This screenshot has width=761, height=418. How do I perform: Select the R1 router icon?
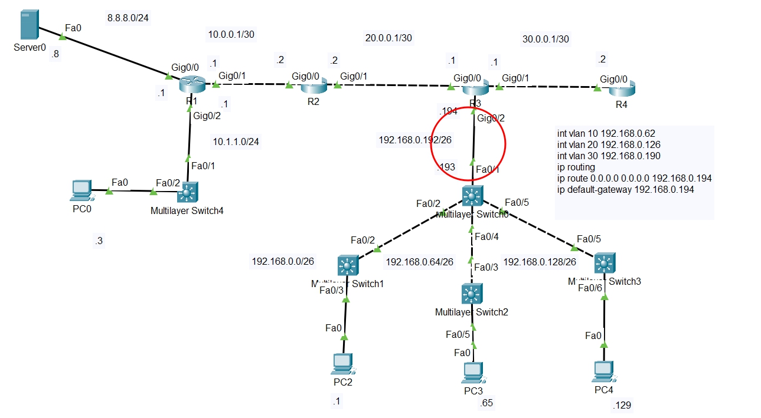coord(192,85)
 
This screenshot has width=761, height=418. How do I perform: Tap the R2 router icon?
coord(313,87)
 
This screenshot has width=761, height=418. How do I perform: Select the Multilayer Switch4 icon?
coord(188,192)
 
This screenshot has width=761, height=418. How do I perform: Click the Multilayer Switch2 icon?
coord(471,293)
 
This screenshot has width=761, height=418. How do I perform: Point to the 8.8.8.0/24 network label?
coord(128,18)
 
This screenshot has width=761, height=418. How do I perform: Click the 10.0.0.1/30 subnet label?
coord(231,34)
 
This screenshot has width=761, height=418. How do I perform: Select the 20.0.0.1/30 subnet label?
coord(388,38)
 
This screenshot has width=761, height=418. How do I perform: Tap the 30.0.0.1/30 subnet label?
coord(546,39)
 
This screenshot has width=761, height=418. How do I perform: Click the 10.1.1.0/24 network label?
coord(236,141)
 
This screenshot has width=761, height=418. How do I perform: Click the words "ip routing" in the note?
coord(576,167)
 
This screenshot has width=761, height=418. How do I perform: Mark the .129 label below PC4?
coord(622,406)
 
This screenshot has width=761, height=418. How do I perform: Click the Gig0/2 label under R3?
coord(491,119)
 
